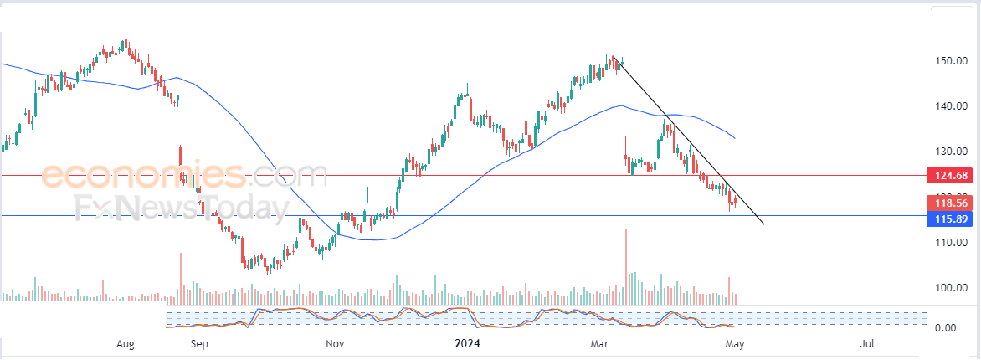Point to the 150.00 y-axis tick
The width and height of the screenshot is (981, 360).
(x=952, y=61)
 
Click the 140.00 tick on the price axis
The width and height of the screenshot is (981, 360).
(x=952, y=106)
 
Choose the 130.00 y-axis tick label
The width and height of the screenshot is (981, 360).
(x=952, y=152)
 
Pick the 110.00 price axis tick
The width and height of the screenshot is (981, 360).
(x=952, y=243)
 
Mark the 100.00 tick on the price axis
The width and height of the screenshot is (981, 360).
(x=952, y=288)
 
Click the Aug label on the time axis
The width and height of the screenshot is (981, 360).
(x=126, y=343)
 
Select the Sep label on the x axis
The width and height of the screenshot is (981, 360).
(x=199, y=343)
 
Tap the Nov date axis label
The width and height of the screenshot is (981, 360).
(x=335, y=343)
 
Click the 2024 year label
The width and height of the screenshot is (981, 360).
(x=465, y=343)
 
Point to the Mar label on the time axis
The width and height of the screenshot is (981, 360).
(x=599, y=343)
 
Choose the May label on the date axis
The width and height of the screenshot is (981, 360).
(x=735, y=343)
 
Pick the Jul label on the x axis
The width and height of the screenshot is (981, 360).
(x=868, y=343)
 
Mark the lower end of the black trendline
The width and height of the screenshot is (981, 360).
(x=763, y=224)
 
